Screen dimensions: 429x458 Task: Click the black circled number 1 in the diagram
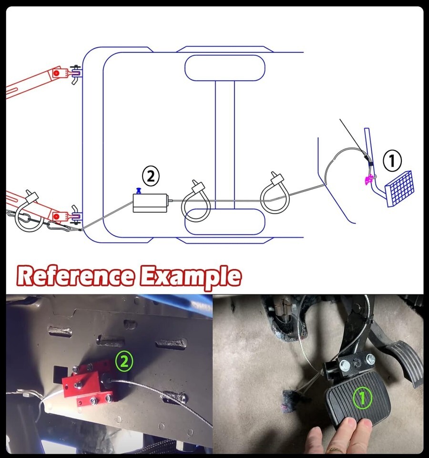(x=392, y=160)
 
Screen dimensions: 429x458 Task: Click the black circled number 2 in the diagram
(x=151, y=176)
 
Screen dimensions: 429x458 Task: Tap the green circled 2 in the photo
(x=124, y=361)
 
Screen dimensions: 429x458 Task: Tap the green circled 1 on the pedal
(x=362, y=398)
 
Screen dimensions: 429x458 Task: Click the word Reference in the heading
(x=76, y=276)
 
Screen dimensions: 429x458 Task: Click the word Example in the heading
(x=190, y=277)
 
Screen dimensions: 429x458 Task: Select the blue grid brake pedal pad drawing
(x=399, y=189)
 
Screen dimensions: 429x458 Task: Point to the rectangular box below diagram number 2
(x=150, y=203)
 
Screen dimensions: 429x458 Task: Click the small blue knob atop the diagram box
(x=138, y=191)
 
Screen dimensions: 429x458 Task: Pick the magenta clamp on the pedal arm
(x=368, y=179)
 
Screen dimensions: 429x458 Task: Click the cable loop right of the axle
(x=275, y=194)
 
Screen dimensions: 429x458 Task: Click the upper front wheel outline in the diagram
(x=225, y=68)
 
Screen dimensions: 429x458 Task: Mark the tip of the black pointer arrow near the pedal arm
(x=368, y=161)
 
